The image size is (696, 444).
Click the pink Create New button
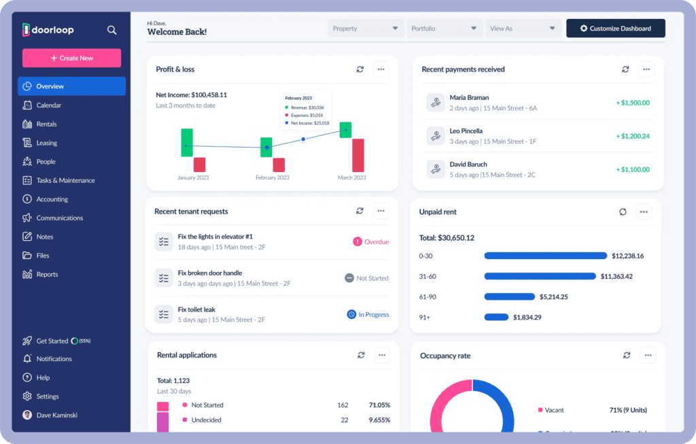click(71, 58)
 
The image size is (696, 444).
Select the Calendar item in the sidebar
click(48, 105)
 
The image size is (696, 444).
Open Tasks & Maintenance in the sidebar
click(65, 181)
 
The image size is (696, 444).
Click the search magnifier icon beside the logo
click(112, 30)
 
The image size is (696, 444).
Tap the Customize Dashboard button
click(615, 29)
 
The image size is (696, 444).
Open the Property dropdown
click(365, 29)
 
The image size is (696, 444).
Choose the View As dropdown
click(522, 29)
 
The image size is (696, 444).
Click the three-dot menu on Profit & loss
click(381, 69)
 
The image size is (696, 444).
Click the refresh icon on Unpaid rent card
click(623, 212)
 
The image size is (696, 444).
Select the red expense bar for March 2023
click(358, 155)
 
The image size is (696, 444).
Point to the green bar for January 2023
click(187, 142)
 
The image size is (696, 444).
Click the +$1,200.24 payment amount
click(632, 136)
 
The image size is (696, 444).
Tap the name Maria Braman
click(469, 98)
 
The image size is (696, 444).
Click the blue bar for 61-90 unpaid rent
click(509, 296)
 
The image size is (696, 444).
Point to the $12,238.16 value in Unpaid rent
click(627, 256)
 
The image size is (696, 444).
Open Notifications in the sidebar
click(54, 359)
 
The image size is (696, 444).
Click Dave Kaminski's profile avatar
click(27, 415)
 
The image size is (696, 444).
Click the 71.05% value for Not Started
click(379, 405)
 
